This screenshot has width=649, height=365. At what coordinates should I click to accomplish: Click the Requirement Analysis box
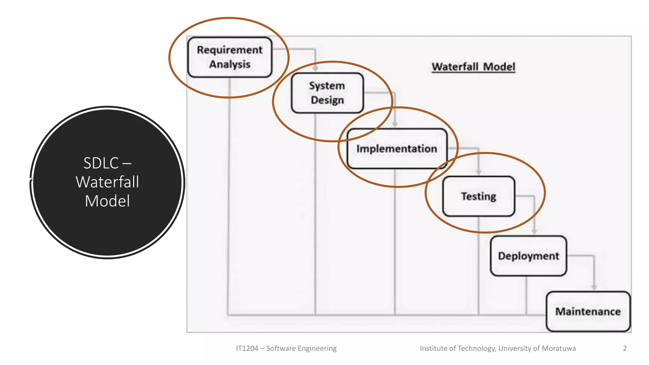coord(230,57)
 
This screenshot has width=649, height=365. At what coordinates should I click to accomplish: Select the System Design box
coord(327,93)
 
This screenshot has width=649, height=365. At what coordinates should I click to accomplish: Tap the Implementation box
coord(397,148)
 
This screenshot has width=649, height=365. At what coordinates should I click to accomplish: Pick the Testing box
coord(479,196)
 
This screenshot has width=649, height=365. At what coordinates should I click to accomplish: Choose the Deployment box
coord(528,256)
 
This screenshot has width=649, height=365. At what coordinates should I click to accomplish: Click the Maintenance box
coord(588,311)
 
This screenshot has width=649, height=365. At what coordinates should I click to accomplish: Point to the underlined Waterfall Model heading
coord(473,67)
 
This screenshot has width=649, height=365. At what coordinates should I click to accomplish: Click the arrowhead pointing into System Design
coord(315,68)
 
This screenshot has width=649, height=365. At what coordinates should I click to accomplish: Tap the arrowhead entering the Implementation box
coord(395,124)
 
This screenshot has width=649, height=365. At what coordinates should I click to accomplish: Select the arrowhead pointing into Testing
coord(479,172)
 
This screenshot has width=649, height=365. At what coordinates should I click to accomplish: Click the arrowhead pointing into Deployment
coord(534,231)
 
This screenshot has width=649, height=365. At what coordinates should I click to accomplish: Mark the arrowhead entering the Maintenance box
coord(594,287)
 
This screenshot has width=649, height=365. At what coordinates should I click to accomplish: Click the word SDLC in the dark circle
coord(101,163)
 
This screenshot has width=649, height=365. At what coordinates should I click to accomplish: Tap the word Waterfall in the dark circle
coord(107,182)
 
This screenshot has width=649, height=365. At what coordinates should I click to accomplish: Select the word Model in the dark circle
coord(107,201)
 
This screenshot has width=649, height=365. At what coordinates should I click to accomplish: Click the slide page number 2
coord(625,348)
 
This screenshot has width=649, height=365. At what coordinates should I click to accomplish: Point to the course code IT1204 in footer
coord(247,348)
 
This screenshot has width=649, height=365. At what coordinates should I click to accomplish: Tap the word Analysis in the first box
coord(230,64)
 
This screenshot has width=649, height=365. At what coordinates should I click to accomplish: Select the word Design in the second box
coord(327,100)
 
